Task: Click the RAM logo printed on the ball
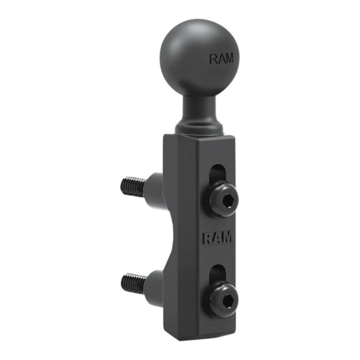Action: point(221,59)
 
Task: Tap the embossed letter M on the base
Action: point(227,238)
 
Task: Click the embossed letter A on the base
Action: point(218,238)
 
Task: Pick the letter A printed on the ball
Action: point(221,59)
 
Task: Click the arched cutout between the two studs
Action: point(177,234)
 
